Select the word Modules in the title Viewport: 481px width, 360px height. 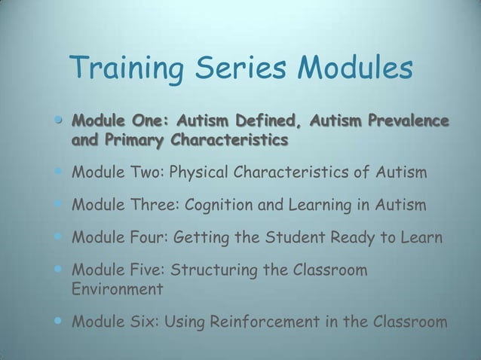coord(355,70)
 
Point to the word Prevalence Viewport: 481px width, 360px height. coord(409,121)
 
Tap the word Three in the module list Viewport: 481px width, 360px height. coord(148,206)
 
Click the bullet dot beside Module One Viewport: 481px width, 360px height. coord(59,120)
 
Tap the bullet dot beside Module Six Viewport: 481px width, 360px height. coord(59,322)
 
